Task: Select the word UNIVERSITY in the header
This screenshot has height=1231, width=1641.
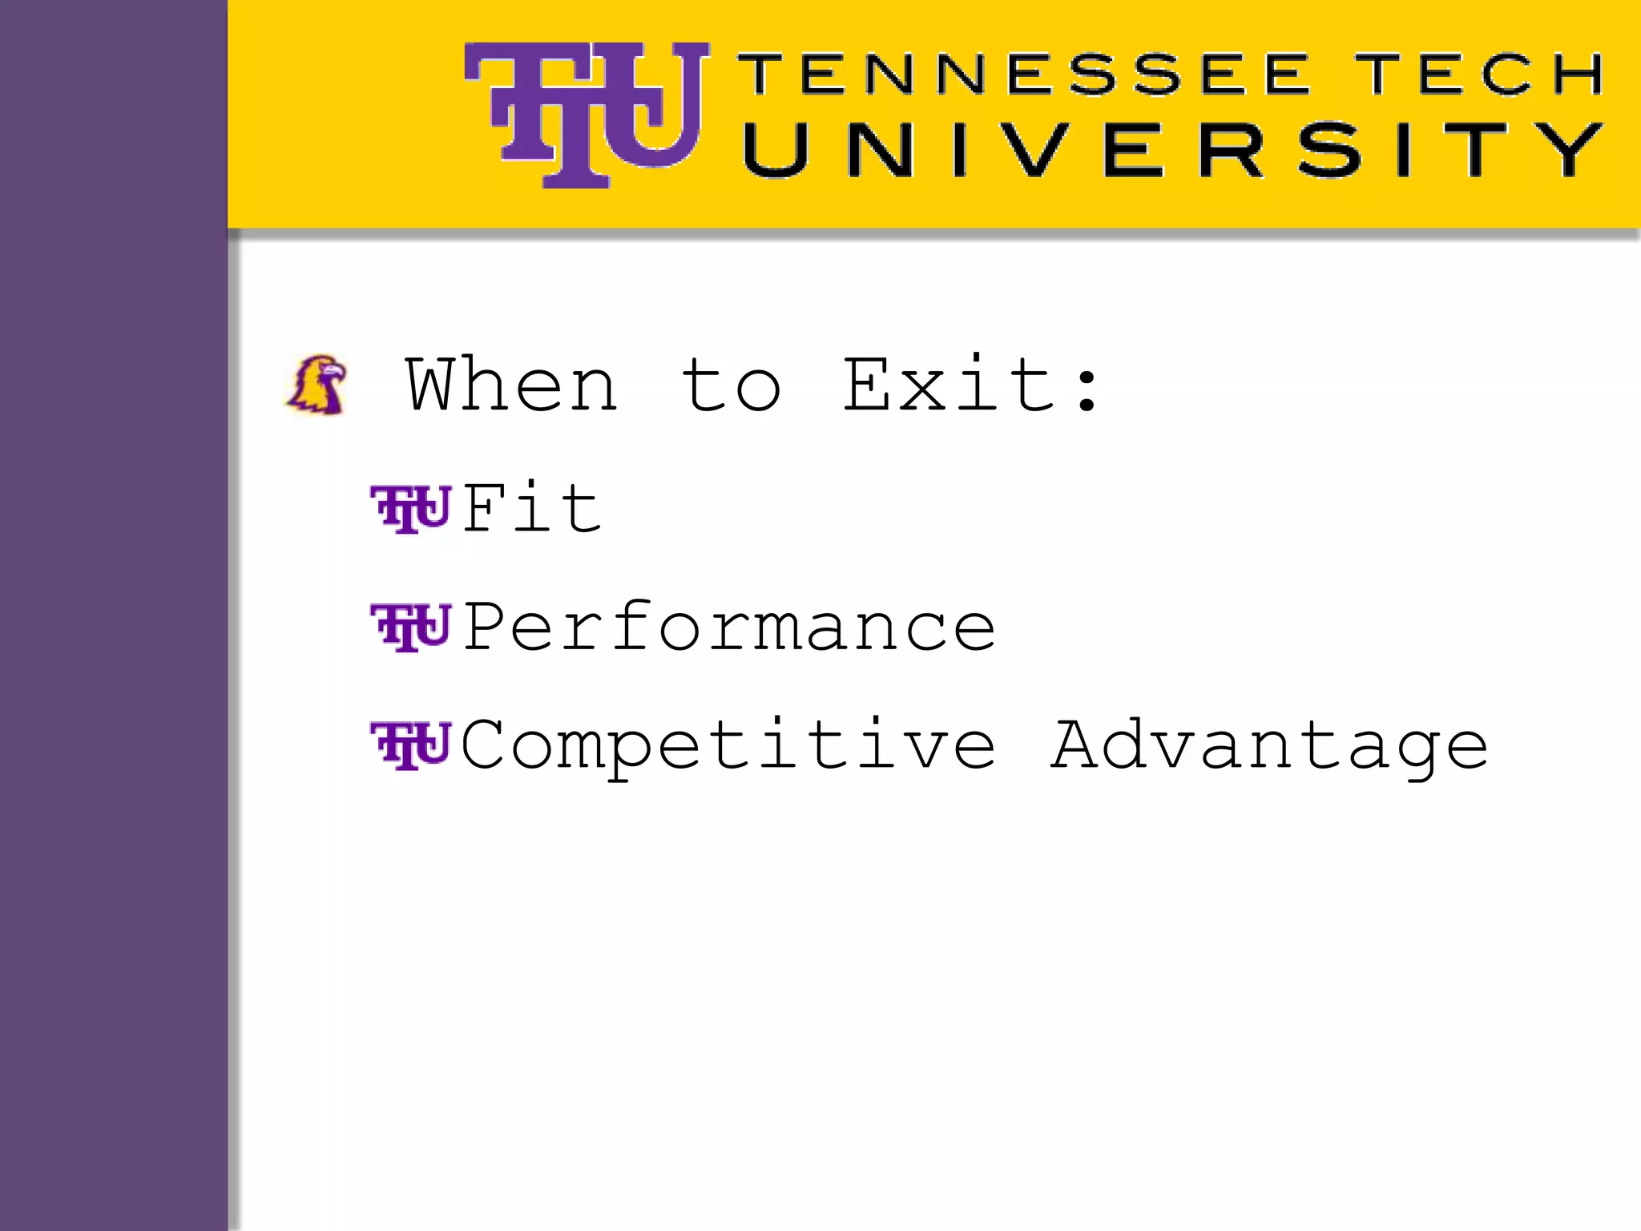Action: tap(1172, 150)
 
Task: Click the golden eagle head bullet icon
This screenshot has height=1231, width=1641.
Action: tap(317, 385)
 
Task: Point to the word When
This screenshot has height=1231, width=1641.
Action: tap(512, 385)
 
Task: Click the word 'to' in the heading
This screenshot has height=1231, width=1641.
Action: tap(731, 385)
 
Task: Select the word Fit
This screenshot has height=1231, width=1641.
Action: tap(531, 508)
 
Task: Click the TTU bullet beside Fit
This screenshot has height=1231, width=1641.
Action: tap(410, 508)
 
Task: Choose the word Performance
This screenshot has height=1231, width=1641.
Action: tap(729, 628)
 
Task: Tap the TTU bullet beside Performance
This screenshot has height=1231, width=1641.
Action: tap(410, 628)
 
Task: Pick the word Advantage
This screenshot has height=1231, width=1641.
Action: tap(1270, 746)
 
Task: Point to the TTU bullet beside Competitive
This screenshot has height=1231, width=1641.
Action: tap(410, 746)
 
